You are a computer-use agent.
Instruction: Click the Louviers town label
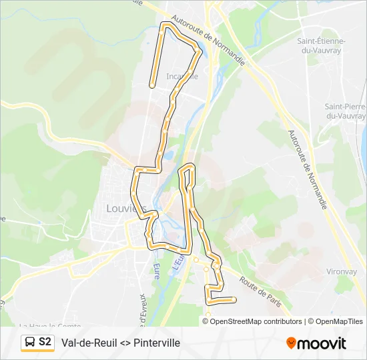click(126, 208)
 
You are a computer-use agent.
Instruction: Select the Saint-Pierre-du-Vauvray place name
click(345, 111)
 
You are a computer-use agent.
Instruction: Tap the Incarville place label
click(182, 76)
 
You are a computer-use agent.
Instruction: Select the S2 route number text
click(45, 343)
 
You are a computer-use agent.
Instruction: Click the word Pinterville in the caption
click(157, 343)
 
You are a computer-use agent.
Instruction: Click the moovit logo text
click(323, 343)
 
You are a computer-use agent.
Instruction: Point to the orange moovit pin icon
click(292, 343)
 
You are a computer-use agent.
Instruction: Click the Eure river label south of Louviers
click(157, 270)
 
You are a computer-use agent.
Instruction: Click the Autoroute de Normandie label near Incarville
click(208, 39)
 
